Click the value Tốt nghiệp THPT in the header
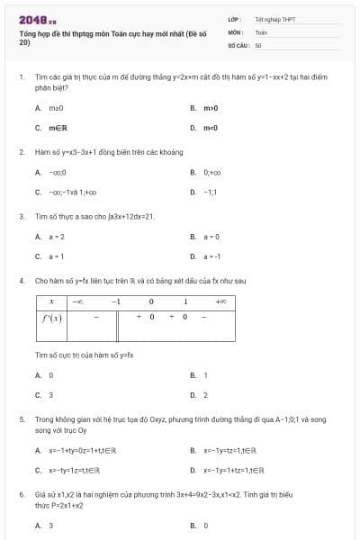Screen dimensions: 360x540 click(274, 19)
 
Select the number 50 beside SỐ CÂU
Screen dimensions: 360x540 click(258, 44)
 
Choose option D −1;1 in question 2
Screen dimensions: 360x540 click(211, 192)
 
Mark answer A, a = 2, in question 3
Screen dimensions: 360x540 click(54, 236)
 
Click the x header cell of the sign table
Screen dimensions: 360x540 click(52, 301)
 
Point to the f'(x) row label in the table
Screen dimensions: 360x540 click(52, 318)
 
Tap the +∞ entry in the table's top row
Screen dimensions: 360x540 click(220, 301)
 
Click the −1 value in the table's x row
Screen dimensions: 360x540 click(115, 301)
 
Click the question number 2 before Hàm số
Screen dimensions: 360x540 click(21, 152)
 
